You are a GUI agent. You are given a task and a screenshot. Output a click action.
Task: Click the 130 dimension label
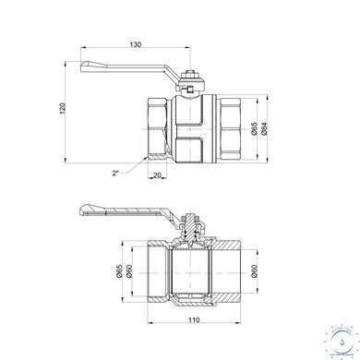135,44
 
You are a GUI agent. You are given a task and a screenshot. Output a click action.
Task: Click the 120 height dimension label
63,109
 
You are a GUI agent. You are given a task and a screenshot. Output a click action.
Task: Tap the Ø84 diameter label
264,128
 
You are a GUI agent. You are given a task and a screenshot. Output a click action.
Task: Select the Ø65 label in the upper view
254,128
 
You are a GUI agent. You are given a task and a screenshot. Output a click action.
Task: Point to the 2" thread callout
115,174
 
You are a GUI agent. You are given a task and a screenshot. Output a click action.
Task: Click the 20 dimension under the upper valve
157,175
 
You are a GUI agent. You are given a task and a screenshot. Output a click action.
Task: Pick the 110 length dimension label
194,320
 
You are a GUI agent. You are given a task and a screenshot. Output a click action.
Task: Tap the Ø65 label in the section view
120,271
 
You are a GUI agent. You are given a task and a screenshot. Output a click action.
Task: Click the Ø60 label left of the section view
129,271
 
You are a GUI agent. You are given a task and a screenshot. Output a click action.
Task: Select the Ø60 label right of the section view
254,271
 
